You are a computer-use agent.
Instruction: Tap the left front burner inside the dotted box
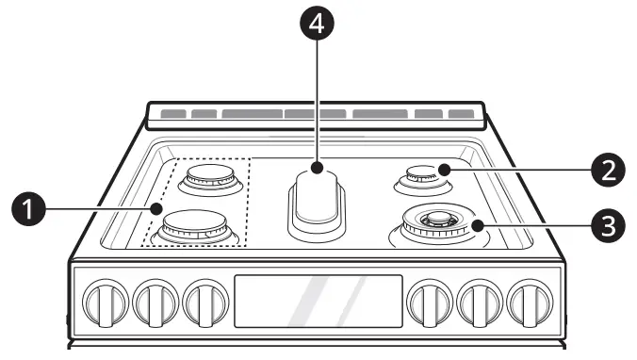point(196,226)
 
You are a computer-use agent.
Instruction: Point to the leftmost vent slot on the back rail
point(171,114)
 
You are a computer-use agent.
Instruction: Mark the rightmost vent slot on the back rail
point(461,114)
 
